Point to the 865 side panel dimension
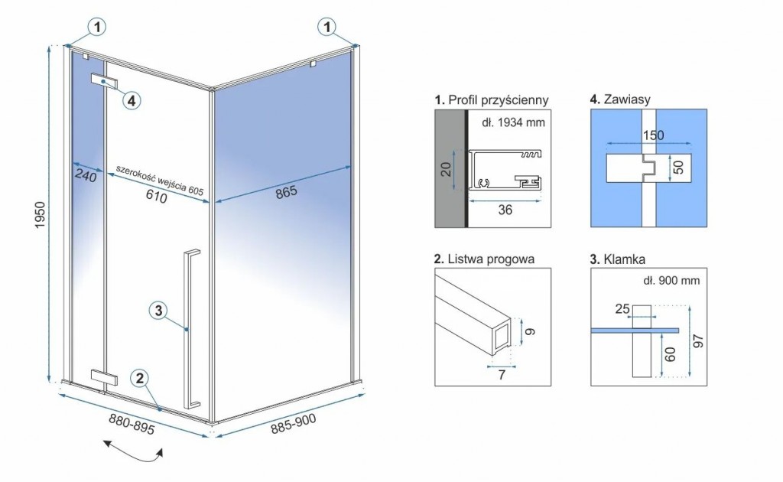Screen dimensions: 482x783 click(x=285, y=193)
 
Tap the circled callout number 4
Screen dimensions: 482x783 click(x=131, y=100)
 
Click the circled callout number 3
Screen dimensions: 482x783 click(x=157, y=310)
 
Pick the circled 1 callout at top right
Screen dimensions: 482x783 click(x=327, y=28)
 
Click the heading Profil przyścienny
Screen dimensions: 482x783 click(x=491, y=100)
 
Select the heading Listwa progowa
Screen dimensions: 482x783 click(x=483, y=259)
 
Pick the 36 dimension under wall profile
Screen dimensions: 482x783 click(x=504, y=210)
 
